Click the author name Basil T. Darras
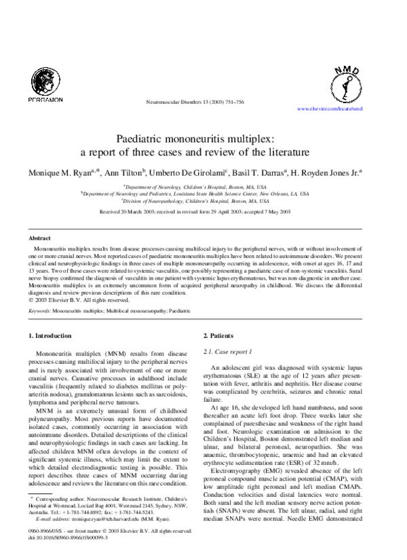265,174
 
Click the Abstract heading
39,239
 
